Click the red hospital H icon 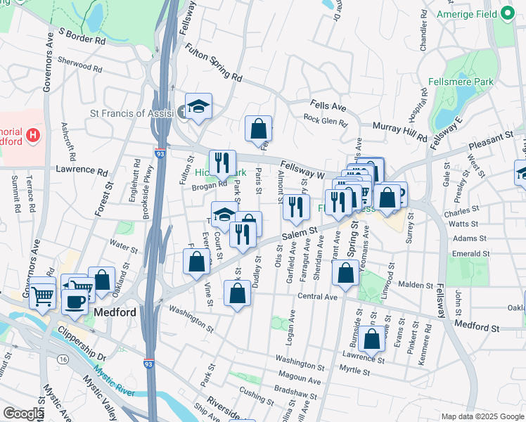pos(32,134)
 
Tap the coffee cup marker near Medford pos(75,300)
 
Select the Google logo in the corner pos(23,414)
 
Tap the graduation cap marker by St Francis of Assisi pos(199,106)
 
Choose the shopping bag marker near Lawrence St pos(371,338)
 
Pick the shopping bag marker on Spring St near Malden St pos(345,274)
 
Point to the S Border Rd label pos(82,37)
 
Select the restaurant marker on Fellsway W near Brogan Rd pos(222,162)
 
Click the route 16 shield pos(63,359)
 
